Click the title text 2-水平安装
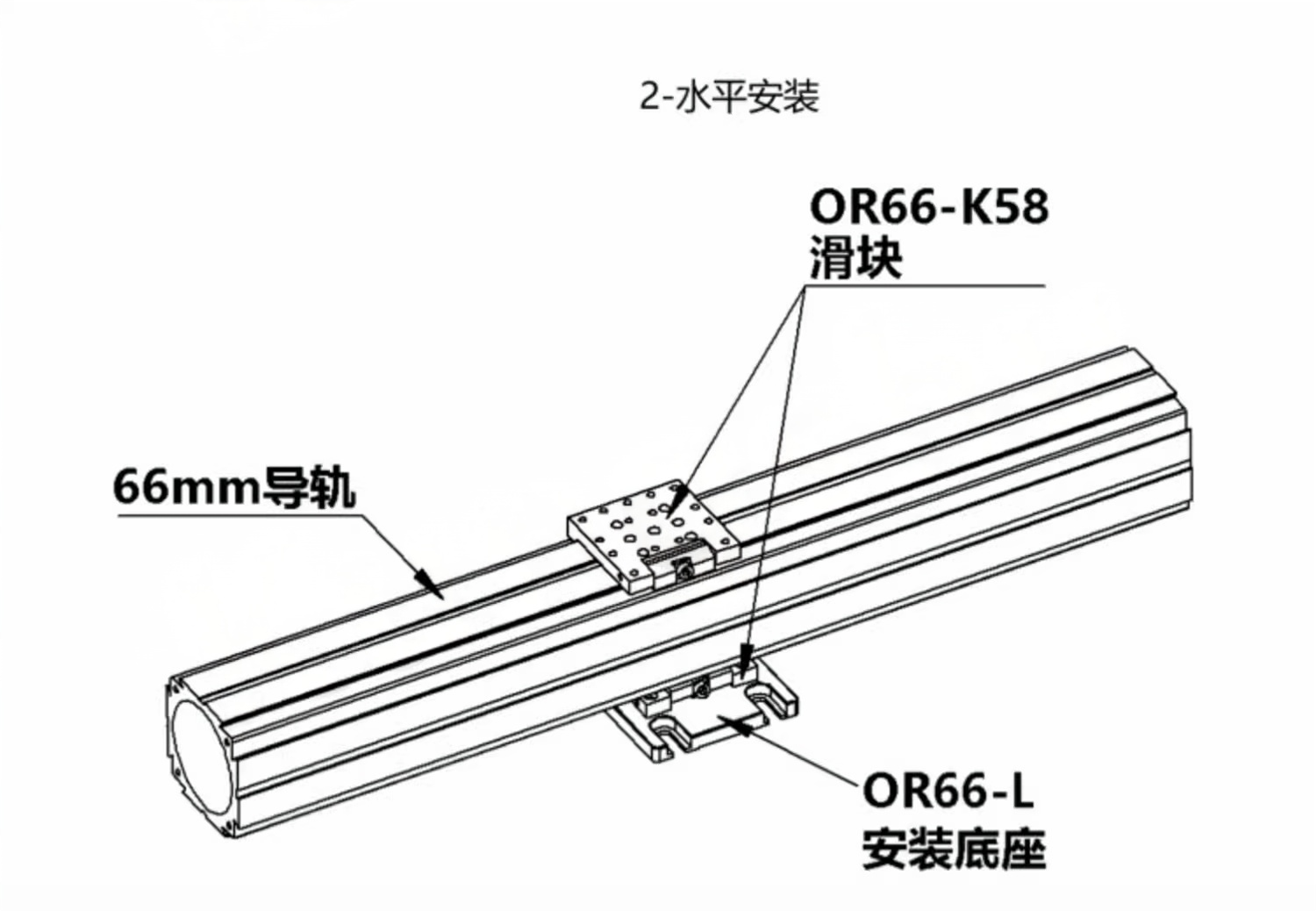point(729,97)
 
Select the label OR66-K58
point(928,208)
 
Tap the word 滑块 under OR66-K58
point(855,259)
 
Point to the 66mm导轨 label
point(234,487)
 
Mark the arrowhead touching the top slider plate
point(674,503)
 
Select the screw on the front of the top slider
point(684,571)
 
